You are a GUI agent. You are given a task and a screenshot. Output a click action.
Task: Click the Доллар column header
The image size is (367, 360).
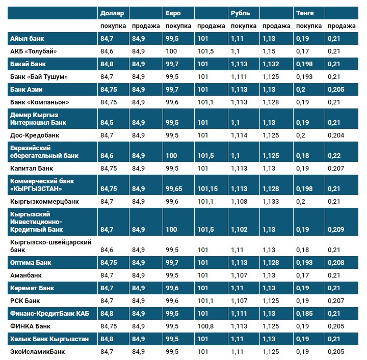tap(112, 12)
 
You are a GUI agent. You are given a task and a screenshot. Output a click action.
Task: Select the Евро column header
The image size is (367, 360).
tap(173, 12)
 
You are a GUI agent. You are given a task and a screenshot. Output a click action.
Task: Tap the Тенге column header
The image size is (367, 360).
tap(305, 12)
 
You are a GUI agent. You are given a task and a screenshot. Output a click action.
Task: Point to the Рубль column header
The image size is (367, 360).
tap(240, 12)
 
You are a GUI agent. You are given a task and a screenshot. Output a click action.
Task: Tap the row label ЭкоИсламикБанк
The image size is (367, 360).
tap(38, 351)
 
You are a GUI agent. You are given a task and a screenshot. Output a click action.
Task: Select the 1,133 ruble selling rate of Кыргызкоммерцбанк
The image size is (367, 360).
tap(271, 201)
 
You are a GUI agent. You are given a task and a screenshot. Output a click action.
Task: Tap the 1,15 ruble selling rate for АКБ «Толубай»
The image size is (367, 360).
tap(269, 51)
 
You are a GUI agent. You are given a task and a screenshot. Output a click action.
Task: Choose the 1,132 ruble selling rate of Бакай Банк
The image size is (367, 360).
tap(271, 64)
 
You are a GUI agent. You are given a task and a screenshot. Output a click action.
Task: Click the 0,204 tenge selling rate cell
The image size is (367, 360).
tap(336, 135)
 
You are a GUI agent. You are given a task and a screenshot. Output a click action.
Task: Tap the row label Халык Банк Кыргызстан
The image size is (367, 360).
tap(49, 339)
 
